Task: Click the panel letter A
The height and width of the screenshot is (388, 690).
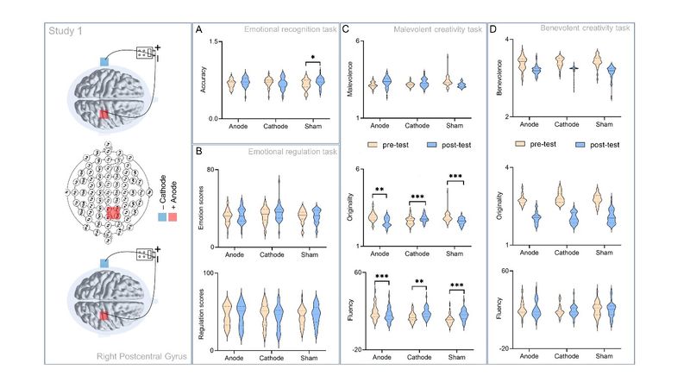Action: pyautogui.click(x=200, y=30)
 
